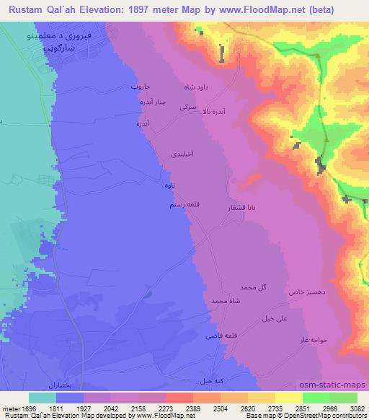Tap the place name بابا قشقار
click(x=242, y=207)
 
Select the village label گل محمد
click(x=254, y=287)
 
